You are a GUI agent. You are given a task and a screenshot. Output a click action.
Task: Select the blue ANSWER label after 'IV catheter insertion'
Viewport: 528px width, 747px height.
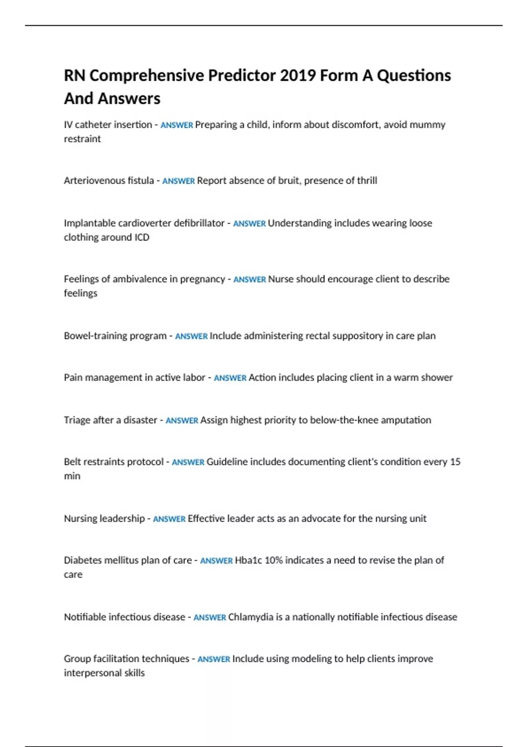pos(176,125)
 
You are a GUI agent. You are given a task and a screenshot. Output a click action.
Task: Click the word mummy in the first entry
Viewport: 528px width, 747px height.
pos(427,125)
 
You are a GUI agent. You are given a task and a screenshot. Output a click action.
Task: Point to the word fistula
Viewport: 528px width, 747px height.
pos(140,181)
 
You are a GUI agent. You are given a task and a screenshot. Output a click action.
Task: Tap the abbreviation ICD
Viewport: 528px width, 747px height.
pos(142,237)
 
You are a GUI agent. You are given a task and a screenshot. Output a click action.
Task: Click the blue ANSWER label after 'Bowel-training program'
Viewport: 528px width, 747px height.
pos(191,336)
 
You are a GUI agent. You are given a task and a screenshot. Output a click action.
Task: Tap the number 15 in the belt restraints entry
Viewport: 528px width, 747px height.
pos(455,462)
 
